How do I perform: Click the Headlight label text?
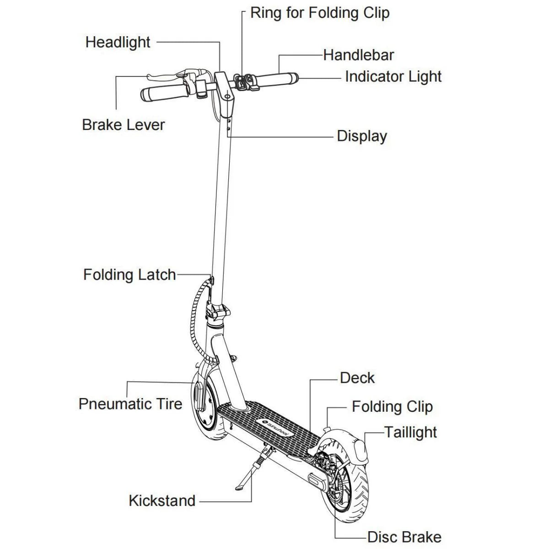[118, 42]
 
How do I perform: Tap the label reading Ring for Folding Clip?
[320, 13]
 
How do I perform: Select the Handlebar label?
[358, 55]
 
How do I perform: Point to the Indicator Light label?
[393, 76]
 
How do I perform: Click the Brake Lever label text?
[123, 125]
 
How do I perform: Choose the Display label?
[362, 136]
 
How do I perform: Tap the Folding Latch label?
[129, 274]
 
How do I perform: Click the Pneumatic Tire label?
[130, 404]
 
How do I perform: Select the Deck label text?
[357, 378]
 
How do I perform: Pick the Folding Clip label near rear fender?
[392, 407]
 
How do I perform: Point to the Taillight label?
[410, 432]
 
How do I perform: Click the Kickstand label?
[162, 501]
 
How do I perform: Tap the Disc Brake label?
[404, 537]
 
